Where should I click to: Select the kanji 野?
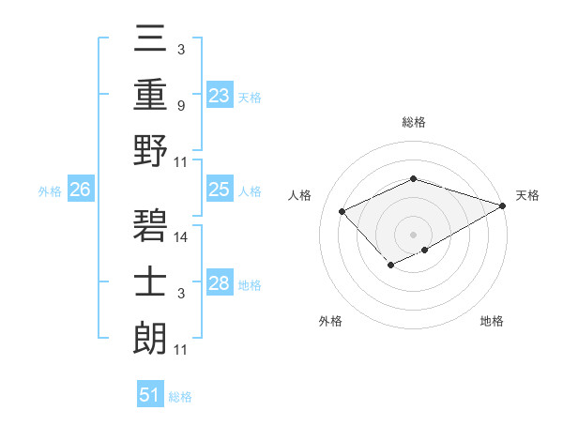point(150,149)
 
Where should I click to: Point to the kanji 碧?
point(150,225)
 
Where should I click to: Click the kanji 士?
point(150,281)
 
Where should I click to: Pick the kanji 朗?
point(150,338)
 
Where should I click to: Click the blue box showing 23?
point(220,95)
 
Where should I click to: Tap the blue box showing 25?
point(220,190)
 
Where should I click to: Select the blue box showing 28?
point(220,283)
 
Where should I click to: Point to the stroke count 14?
point(182,237)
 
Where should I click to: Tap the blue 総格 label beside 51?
point(180,397)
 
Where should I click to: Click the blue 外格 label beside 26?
point(50,191)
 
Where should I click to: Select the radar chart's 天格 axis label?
point(527,195)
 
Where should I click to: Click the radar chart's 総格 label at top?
point(413,122)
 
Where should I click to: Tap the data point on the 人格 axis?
point(342,211)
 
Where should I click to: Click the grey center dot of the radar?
point(413,234)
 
